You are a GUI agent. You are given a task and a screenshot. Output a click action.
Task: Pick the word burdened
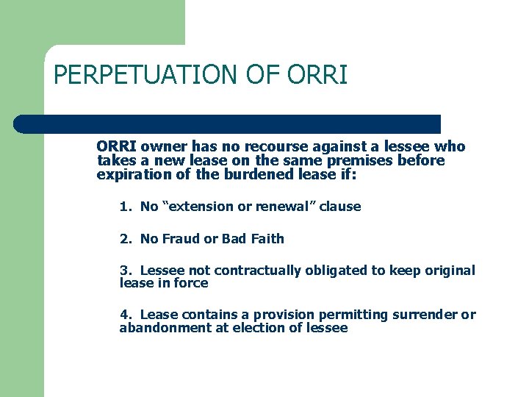[x=245, y=174]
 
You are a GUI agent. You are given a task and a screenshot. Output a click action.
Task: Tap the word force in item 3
[x=191, y=283]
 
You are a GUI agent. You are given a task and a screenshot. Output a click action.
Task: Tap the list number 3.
[x=123, y=271]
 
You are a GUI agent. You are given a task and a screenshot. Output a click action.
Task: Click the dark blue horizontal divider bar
[x=228, y=124]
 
